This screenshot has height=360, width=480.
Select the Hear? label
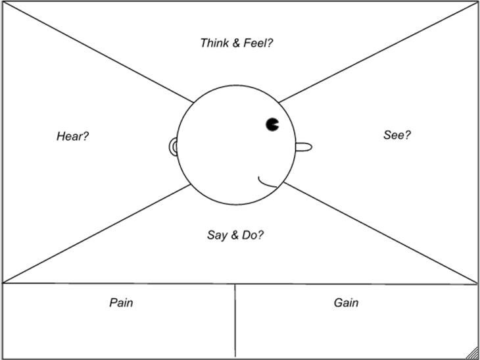coord(72,136)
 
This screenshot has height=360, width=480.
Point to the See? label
coord(397,135)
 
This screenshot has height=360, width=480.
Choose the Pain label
coord(121,303)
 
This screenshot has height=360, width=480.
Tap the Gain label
coord(346,303)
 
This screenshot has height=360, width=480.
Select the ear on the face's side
coord(174,147)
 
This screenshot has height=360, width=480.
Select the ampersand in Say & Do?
coord(234,234)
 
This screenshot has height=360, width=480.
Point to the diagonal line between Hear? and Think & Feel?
coord(99,53)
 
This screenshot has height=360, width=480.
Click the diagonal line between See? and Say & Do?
coord(381,234)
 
